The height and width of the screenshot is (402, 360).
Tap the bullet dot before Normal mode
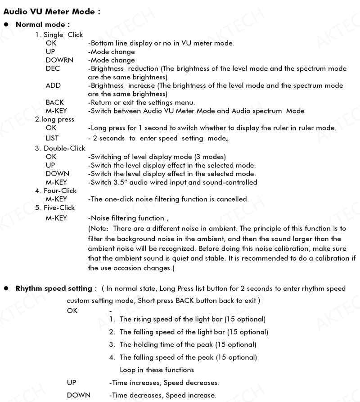point(6,24)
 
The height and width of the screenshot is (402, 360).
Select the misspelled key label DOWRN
point(59,60)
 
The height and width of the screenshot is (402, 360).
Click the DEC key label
point(52,68)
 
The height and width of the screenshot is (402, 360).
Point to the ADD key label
point(53,86)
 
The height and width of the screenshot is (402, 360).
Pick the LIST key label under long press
point(52,138)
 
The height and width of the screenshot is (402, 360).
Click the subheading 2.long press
point(54,119)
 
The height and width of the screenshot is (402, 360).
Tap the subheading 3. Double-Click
point(60,148)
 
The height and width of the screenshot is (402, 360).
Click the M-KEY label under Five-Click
point(56,218)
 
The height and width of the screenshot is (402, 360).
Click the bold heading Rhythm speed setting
point(54,288)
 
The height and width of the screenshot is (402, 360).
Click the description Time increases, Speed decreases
point(164,383)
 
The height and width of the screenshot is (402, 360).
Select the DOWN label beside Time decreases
point(78,395)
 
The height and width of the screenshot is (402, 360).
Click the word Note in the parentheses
point(99,229)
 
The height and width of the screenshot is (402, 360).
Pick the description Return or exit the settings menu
point(141,103)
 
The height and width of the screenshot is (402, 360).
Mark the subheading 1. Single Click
point(59,35)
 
